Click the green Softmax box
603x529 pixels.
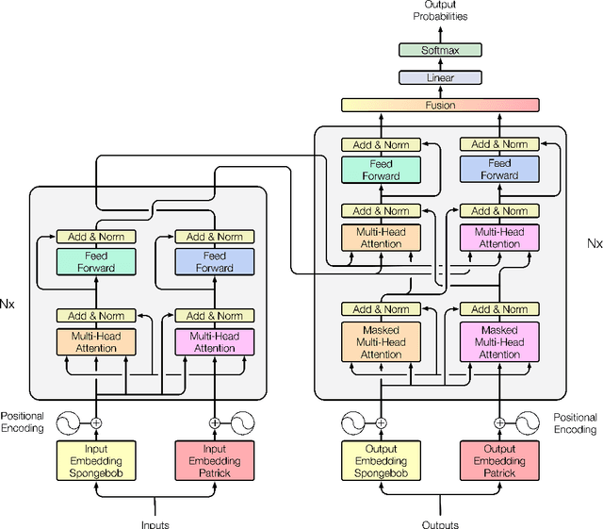[x=440, y=50]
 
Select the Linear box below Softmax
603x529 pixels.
[x=440, y=77]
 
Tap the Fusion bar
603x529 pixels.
[x=440, y=105]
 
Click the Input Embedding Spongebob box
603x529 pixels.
[x=96, y=461]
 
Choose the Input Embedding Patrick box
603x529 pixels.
[x=214, y=461]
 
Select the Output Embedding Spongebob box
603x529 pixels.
[x=382, y=461]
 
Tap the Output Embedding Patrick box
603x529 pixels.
[x=499, y=461]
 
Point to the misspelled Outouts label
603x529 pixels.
[x=440, y=523]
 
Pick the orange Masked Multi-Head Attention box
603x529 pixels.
[x=382, y=342]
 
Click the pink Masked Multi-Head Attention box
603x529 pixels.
[x=499, y=342]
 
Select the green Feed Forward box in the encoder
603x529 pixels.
[x=96, y=261]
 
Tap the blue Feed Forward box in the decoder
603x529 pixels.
[x=499, y=170]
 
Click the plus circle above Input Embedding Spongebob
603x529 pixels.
[x=96, y=423]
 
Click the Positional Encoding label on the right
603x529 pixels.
[x=575, y=422]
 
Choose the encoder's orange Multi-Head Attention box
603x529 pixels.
[x=96, y=341]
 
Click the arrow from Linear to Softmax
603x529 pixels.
[x=440, y=64]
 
